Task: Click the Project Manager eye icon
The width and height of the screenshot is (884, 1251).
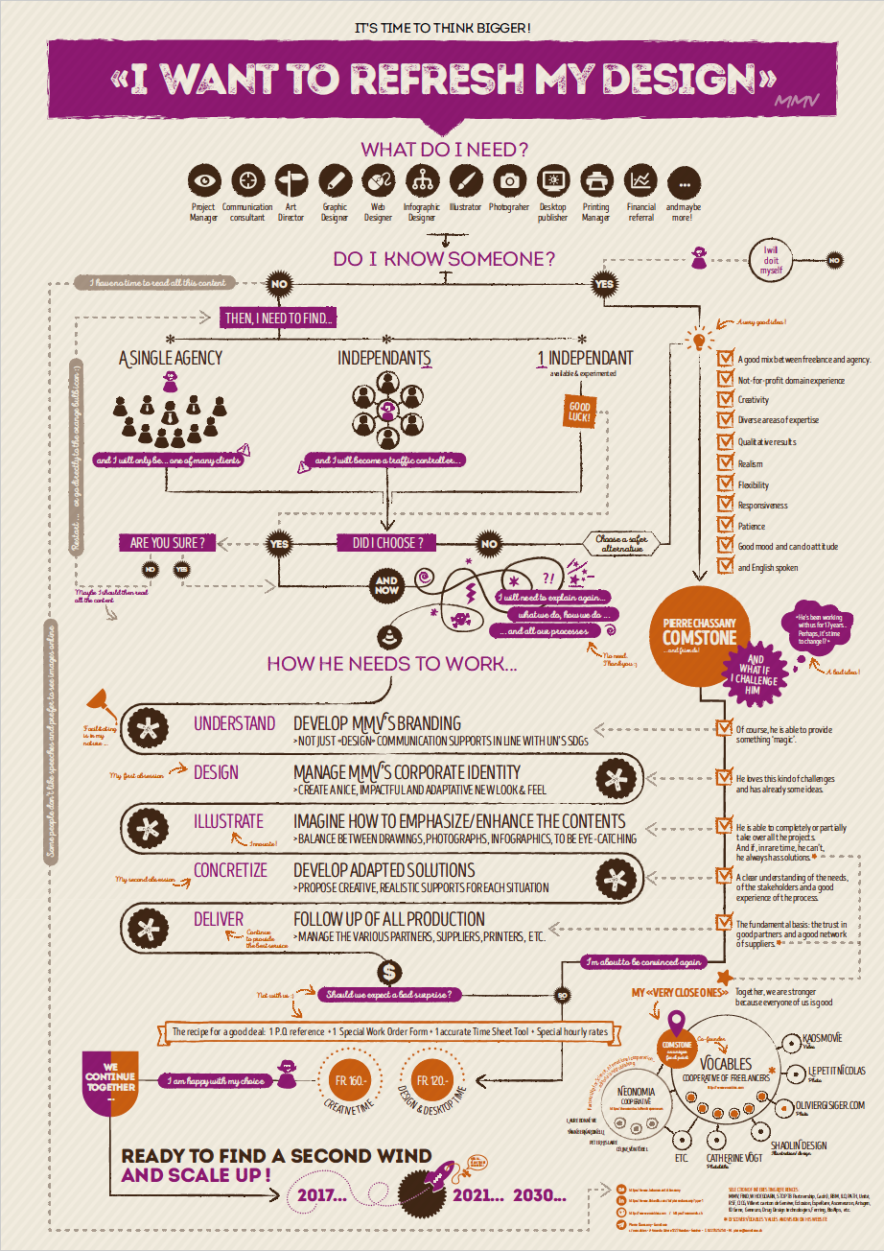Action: [203, 179]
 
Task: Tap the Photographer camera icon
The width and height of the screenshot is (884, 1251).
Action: [510, 179]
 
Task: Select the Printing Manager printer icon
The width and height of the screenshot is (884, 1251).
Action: [596, 179]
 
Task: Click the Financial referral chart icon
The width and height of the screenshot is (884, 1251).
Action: [640, 179]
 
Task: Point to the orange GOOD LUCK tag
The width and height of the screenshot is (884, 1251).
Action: [578, 412]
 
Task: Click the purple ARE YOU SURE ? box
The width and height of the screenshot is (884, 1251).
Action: [167, 543]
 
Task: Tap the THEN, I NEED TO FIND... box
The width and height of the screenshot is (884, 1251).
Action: [280, 319]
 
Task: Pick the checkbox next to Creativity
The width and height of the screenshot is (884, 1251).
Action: [726, 400]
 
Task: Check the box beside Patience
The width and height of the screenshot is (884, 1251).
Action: [726, 525]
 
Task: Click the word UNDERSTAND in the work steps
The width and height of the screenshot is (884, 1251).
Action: [234, 723]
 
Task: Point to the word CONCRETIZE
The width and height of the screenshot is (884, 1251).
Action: [230, 870]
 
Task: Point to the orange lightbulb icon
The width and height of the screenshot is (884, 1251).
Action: [699, 338]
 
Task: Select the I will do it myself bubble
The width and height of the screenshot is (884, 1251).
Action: [772, 260]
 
